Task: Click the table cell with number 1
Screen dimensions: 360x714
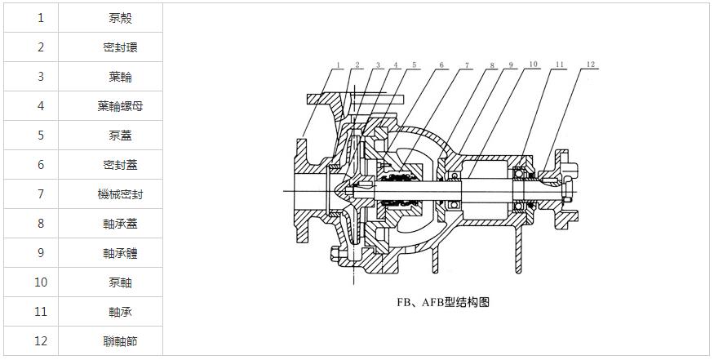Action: tap(41, 18)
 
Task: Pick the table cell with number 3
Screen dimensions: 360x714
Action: tap(41, 77)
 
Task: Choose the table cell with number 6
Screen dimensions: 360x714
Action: tap(41, 165)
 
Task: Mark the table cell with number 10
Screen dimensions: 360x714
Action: tap(41, 282)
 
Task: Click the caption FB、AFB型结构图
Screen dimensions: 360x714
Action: tap(443, 302)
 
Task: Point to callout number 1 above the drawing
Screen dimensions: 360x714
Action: tap(337, 65)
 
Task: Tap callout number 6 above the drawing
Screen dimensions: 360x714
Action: tap(441, 65)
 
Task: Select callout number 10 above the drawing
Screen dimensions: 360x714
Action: tap(532, 64)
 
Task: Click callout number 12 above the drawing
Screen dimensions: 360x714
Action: tap(591, 64)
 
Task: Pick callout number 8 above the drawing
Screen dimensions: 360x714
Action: tap(492, 65)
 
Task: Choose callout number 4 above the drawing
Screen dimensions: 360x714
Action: tap(396, 65)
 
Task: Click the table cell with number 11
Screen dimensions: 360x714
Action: tap(41, 312)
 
